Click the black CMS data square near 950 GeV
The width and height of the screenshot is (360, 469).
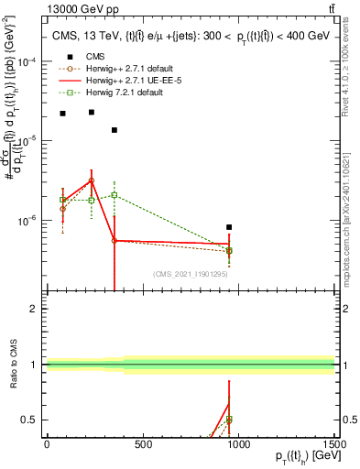(x=229, y=226)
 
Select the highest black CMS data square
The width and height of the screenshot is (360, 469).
(x=91, y=112)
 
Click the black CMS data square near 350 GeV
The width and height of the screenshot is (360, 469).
(x=114, y=129)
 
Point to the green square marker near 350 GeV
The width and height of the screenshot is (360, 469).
(x=114, y=195)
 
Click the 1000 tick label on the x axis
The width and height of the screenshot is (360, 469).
(x=238, y=445)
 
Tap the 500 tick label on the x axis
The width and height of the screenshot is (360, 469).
(x=142, y=445)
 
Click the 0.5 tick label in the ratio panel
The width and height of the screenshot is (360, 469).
(x=34, y=420)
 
